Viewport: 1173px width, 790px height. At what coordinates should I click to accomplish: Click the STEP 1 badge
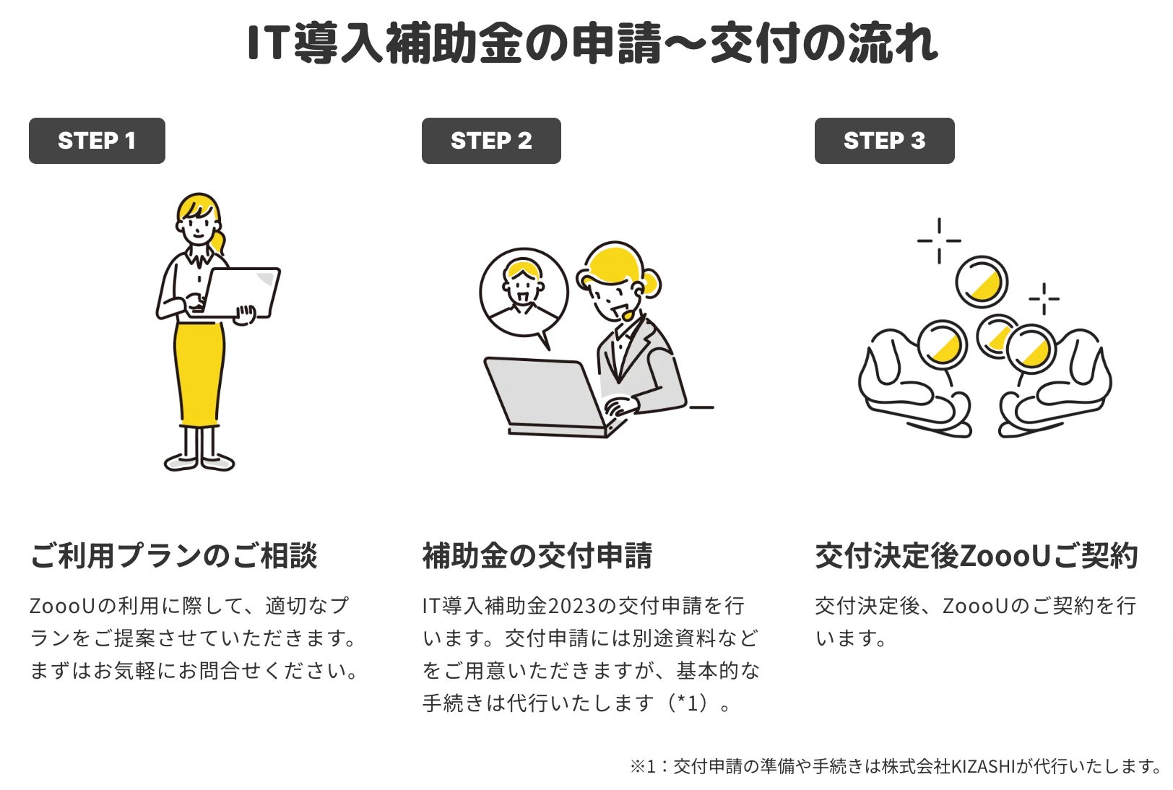click(97, 141)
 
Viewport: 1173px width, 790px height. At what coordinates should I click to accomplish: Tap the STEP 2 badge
click(491, 141)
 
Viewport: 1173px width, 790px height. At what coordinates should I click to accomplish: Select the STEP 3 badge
click(885, 141)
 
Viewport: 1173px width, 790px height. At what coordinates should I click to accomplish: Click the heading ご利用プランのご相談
click(174, 555)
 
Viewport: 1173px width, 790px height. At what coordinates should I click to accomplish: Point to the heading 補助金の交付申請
click(537, 555)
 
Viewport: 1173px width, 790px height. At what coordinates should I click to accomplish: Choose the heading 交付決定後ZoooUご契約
click(977, 555)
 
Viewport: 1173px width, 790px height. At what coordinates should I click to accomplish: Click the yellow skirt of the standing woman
click(199, 374)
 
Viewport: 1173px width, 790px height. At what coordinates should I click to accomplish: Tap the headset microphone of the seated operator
click(628, 316)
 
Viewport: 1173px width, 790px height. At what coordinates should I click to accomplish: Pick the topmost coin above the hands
click(982, 282)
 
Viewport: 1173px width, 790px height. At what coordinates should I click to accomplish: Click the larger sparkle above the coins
click(939, 240)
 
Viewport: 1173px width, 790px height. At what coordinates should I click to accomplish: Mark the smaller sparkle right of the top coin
click(1044, 299)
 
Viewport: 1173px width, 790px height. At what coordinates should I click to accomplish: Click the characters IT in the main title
click(267, 43)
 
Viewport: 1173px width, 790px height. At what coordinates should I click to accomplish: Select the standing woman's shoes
click(199, 461)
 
